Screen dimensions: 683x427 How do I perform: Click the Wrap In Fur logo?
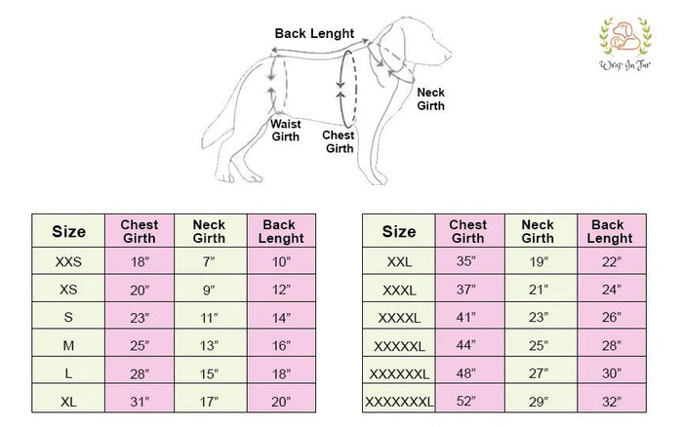pyautogui.click(x=625, y=44)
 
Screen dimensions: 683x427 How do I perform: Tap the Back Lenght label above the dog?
pyautogui.click(x=314, y=33)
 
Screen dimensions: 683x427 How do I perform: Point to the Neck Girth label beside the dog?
pyautogui.click(x=430, y=99)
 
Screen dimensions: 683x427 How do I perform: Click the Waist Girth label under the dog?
pyautogui.click(x=285, y=130)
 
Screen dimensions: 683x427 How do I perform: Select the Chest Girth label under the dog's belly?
pyautogui.click(x=339, y=142)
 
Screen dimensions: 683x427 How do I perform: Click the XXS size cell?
pyautogui.click(x=68, y=261)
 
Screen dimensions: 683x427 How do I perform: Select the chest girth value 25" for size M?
pyautogui.click(x=140, y=346)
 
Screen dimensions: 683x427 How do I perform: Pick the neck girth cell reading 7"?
pyautogui.click(x=209, y=261)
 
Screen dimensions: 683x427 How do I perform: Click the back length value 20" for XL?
pyautogui.click(x=281, y=402)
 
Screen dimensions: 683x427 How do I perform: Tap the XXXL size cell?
pyautogui.click(x=399, y=290)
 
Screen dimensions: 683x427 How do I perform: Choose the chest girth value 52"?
pyautogui.click(x=465, y=401)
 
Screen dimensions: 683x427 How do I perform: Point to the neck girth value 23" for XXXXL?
pyautogui.click(x=539, y=317)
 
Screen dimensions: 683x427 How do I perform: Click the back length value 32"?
pyautogui.click(x=612, y=402)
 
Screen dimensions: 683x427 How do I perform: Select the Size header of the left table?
pyautogui.click(x=68, y=232)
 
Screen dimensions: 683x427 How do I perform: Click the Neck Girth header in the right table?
pyautogui.click(x=538, y=232)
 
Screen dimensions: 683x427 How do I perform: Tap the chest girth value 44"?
pyautogui.click(x=465, y=345)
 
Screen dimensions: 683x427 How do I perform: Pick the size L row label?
pyautogui.click(x=68, y=373)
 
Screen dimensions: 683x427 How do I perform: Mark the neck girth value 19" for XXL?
pyautogui.click(x=539, y=261)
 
